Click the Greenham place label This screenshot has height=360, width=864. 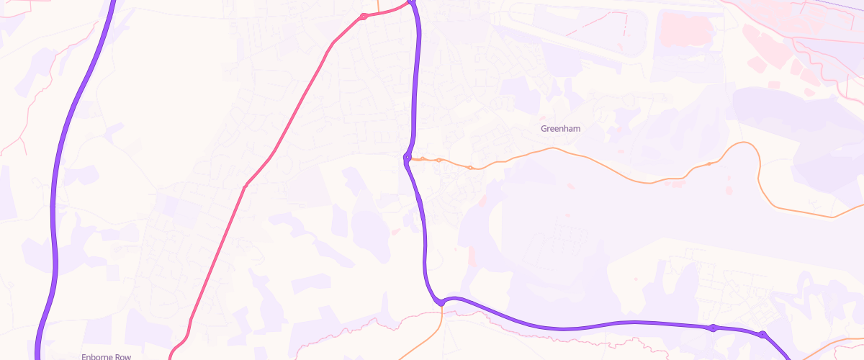click(560, 129)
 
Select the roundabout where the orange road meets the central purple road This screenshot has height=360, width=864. click(408, 157)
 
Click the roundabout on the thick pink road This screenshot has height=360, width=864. click(364, 16)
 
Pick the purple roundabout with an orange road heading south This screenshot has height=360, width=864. click(441, 303)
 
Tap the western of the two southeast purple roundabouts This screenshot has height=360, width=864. click(712, 328)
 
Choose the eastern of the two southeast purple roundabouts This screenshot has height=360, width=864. click(762, 334)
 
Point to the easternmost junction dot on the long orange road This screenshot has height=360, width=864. click(708, 164)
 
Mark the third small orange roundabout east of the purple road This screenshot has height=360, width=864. click(470, 168)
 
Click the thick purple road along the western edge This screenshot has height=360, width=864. click(55, 216)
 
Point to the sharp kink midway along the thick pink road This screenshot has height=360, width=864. click(245, 187)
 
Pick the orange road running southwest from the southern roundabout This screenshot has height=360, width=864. click(425, 339)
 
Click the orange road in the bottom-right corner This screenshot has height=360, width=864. click(828, 346)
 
